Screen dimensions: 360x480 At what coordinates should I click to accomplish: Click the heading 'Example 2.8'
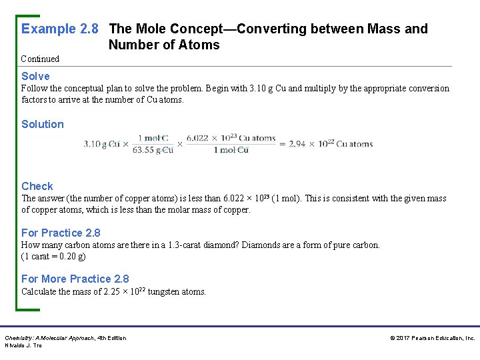(x=60, y=29)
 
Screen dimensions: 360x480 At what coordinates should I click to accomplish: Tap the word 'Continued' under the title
(x=40, y=59)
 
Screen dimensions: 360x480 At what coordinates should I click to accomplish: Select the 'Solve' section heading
(x=35, y=76)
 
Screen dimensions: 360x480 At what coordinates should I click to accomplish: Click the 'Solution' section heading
(x=43, y=124)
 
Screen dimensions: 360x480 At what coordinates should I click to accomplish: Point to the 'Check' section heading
(x=37, y=186)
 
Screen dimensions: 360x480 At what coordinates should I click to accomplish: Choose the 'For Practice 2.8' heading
(x=61, y=233)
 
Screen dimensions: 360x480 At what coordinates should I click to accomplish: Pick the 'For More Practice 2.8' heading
(x=75, y=279)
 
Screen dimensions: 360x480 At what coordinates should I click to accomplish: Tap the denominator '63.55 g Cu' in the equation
(x=153, y=150)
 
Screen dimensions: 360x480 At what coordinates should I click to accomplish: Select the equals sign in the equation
(x=282, y=144)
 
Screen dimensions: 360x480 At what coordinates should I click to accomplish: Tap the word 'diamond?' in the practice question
(x=220, y=245)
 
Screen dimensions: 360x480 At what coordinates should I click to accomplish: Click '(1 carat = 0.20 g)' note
(x=53, y=256)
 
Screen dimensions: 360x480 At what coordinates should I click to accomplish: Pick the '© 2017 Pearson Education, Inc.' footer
(x=433, y=339)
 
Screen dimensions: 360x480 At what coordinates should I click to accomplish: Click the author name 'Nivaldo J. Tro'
(x=23, y=345)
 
